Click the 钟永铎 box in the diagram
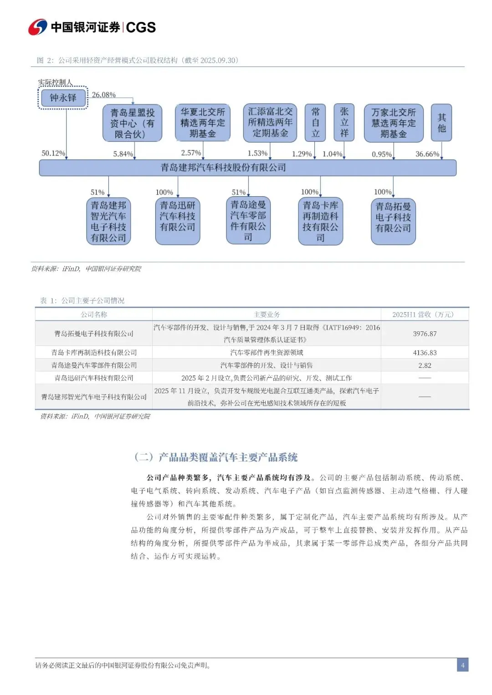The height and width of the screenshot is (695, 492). pos(63,98)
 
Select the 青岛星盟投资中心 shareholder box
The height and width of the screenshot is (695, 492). pos(132,123)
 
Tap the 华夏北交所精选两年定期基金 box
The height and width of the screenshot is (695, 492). pos(203,122)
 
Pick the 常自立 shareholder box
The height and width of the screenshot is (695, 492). pos(315,122)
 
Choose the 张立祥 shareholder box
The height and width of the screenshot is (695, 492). pos(344,122)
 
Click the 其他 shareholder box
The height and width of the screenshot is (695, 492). pos(441,122)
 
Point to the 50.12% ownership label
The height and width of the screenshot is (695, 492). pos(53,153)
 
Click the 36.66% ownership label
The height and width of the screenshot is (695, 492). pos(427,154)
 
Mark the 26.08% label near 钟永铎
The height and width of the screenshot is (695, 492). pos(103,95)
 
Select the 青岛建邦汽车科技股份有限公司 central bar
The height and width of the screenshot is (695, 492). pos(247,167)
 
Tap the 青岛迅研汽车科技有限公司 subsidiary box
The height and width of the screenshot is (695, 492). pos(178,221)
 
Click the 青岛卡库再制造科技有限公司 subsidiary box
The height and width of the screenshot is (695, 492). pos(320,221)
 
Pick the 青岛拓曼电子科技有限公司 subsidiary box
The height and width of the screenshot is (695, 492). pos(393,221)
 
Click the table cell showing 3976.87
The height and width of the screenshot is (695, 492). pos(425,334)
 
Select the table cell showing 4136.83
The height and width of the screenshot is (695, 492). pos(425,353)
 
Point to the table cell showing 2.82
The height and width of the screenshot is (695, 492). pos(425,365)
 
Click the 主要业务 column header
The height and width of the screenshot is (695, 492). pos(266,315)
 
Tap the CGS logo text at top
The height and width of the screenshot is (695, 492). pos(141,27)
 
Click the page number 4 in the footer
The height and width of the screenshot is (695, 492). pos(462,665)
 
